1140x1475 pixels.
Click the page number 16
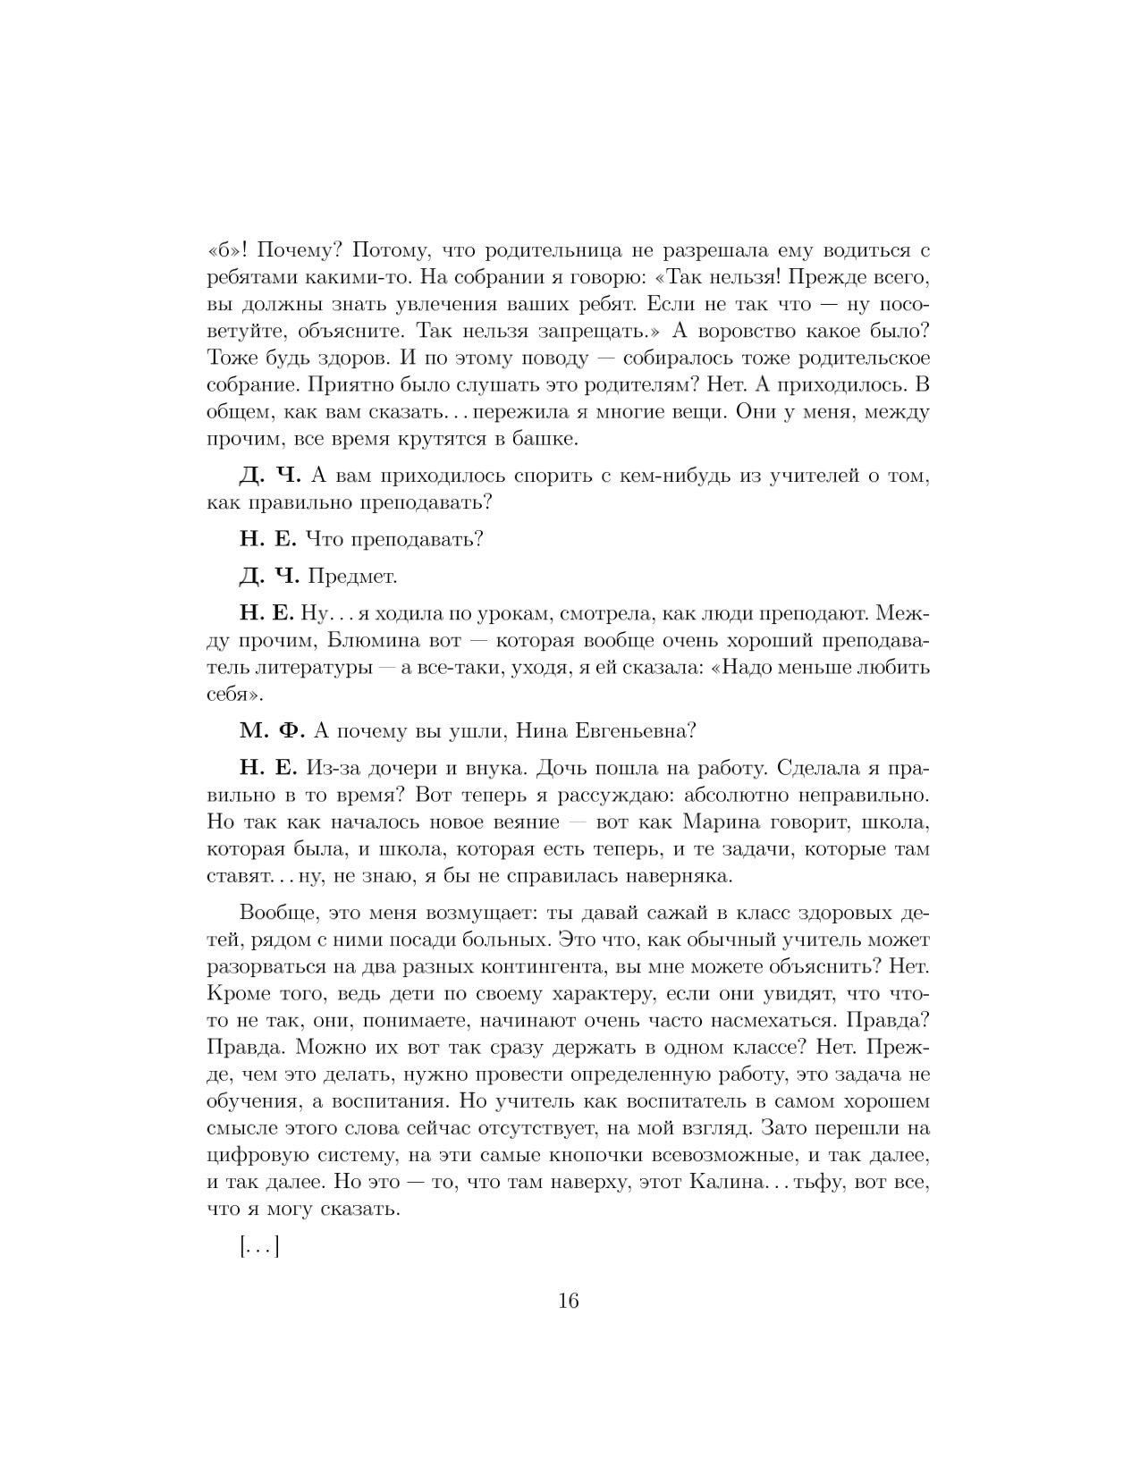click(569, 1301)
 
